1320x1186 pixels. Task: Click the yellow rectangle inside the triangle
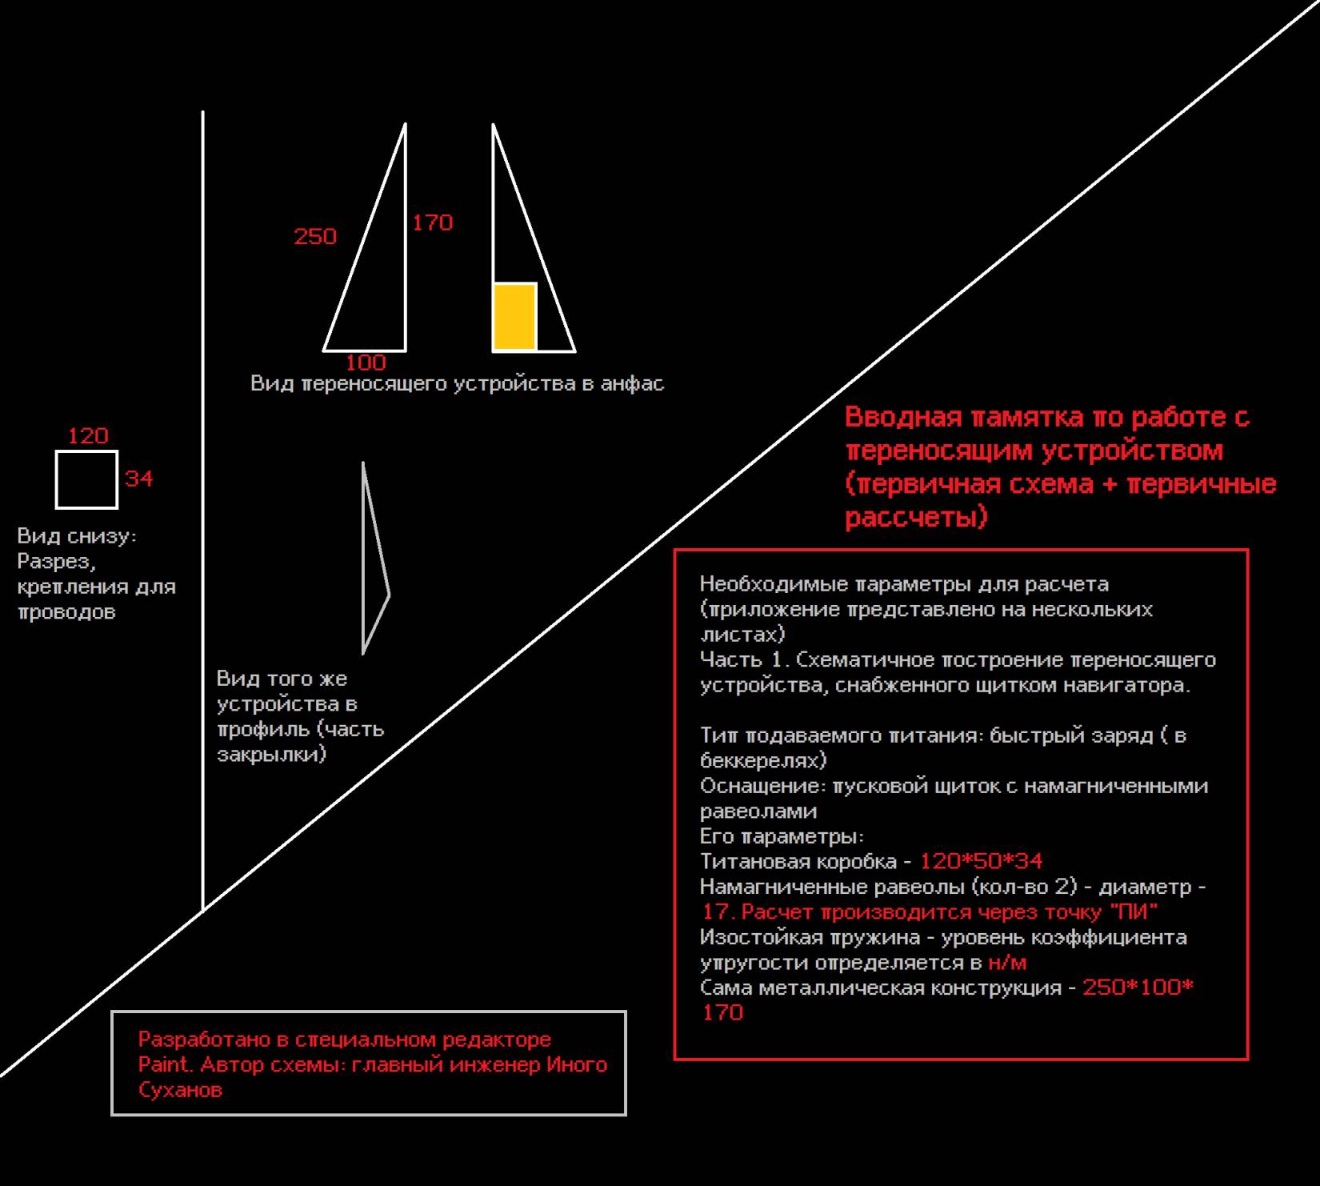pyautogui.click(x=514, y=317)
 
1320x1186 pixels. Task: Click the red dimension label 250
pyautogui.click(x=315, y=236)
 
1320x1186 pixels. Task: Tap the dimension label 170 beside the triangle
pyautogui.click(x=432, y=222)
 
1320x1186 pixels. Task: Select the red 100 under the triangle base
pyautogui.click(x=366, y=363)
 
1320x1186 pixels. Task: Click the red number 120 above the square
pyautogui.click(x=88, y=436)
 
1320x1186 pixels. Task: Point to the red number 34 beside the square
pyautogui.click(x=138, y=479)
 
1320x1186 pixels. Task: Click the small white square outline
pyautogui.click(x=86, y=479)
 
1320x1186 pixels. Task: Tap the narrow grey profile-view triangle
pyautogui.click(x=373, y=560)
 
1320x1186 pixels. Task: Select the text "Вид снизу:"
pyautogui.click(x=77, y=535)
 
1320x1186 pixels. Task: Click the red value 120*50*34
pyautogui.click(x=981, y=861)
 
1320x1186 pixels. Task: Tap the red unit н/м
pyautogui.click(x=1007, y=962)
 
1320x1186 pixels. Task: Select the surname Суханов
pyautogui.click(x=180, y=1089)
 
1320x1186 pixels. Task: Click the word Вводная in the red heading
pyautogui.click(x=902, y=417)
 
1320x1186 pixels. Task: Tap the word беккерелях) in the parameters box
pyautogui.click(x=763, y=759)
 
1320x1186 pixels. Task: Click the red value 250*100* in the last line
pyautogui.click(x=1138, y=988)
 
